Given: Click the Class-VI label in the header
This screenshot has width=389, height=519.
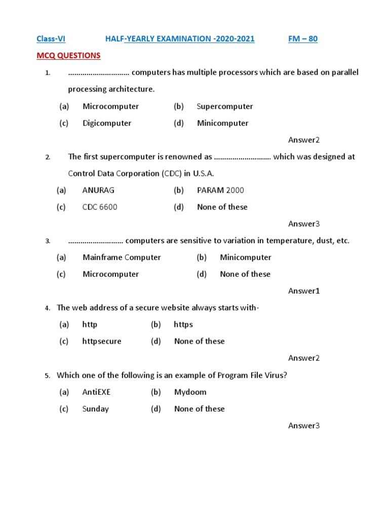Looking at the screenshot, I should pos(51,39).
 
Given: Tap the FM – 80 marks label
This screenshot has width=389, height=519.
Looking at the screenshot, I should pos(303,39).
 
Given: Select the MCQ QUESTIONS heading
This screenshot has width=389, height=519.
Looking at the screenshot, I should pos(68,55).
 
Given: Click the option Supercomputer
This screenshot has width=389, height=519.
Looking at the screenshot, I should pos(225,106).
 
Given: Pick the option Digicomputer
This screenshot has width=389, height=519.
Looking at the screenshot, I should pos(107,123).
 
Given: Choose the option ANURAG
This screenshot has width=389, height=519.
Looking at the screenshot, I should pos(98,190).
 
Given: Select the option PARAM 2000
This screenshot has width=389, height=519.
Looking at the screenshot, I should pos(220,190).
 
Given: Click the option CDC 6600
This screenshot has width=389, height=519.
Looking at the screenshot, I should pos(100,207).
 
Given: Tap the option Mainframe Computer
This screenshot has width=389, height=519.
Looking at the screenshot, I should pos(122,257).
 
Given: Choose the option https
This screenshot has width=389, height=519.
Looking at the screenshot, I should pos(183,324).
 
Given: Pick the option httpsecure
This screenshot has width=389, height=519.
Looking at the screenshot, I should pos(102,341).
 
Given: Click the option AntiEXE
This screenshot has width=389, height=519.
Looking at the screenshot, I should pos(96,392).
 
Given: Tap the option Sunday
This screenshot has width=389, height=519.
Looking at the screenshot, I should pos(96,409).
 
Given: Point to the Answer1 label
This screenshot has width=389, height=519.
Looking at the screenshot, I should pos(304,291).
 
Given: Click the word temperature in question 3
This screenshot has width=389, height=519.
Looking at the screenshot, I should pos(280,241).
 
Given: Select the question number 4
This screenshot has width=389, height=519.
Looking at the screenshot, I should pos(47,308).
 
